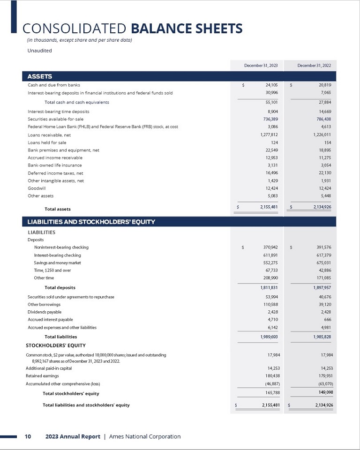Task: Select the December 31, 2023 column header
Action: [x=261, y=66]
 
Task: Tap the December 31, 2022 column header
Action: [x=314, y=66]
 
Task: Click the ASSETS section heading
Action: [x=39, y=76]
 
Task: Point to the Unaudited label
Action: [x=39, y=51]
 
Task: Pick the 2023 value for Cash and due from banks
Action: [x=271, y=85]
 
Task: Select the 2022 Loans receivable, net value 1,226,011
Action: [x=322, y=135]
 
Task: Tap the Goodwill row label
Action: [x=37, y=188]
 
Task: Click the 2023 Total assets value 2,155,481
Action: [x=269, y=207]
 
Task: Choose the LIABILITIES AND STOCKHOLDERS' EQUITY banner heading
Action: [x=91, y=222]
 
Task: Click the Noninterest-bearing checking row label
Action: [x=61, y=247]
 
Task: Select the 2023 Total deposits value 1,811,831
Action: [x=269, y=287]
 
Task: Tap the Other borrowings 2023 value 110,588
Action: [x=271, y=305]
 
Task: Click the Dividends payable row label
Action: [x=45, y=312]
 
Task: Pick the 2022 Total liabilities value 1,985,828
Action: [x=322, y=337]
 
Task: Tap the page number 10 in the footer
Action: [x=28, y=436]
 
